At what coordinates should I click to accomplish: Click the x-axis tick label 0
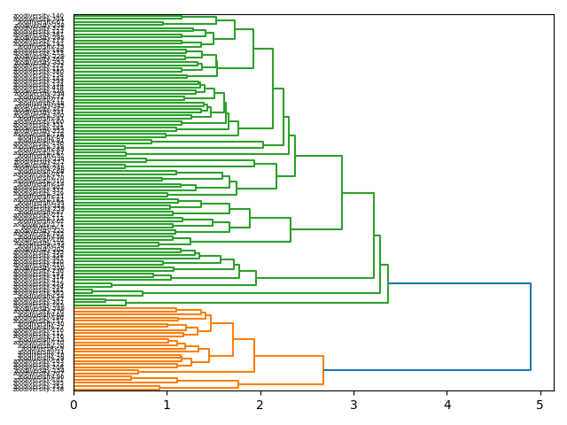pyautogui.click(x=74, y=405)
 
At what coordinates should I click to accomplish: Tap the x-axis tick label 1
pyautogui.click(x=167, y=405)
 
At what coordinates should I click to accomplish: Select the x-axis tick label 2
pyautogui.click(x=260, y=405)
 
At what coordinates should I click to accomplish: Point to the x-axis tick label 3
pyautogui.click(x=353, y=405)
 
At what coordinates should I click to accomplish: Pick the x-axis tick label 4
pyautogui.click(x=447, y=405)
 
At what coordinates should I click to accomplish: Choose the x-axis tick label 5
pyautogui.click(x=540, y=405)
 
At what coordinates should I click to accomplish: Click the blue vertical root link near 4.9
pyautogui.click(x=531, y=327)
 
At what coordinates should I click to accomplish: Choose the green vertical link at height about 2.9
pyautogui.click(x=342, y=192)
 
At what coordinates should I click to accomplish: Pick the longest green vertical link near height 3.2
pyautogui.click(x=374, y=235)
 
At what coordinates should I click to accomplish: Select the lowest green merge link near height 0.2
pyautogui.click(x=92, y=292)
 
